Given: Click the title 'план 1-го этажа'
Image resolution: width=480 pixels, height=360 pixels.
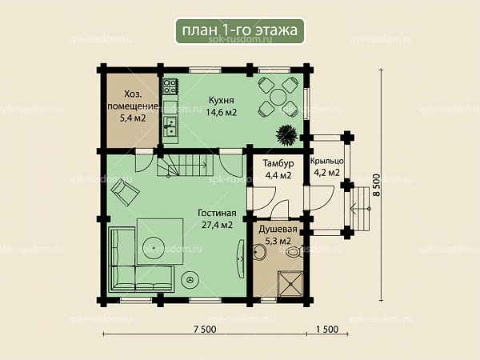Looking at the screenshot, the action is coord(240,30).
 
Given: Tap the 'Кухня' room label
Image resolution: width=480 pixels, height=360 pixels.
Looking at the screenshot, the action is coord(222,101).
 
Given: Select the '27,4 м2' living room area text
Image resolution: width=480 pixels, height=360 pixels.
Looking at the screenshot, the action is coord(217,225).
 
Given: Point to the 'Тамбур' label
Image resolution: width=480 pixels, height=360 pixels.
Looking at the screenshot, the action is coord(278,163).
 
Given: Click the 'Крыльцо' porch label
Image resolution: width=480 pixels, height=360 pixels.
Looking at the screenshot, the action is coord(326,162).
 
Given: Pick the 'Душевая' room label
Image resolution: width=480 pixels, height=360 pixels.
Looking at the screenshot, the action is coord(278,230).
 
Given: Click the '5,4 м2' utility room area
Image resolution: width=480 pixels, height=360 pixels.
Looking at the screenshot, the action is coord(133,118).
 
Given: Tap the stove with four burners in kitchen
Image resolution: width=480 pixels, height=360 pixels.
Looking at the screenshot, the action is coord(170,86).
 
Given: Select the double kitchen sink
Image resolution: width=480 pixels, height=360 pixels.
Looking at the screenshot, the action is coord(170,126).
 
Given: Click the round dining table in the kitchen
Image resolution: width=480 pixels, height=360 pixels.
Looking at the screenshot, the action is coord(278,97).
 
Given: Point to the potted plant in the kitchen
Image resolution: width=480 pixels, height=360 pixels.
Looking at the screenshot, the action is coord(286,134).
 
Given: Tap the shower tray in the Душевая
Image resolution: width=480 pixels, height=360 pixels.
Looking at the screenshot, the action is coord(290,284).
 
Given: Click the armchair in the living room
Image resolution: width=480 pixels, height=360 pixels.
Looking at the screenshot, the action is coord(126,192).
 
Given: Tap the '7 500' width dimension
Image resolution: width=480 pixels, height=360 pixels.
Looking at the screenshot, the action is coord(205,329).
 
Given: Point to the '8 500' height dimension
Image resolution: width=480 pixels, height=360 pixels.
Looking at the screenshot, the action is coord(376,185).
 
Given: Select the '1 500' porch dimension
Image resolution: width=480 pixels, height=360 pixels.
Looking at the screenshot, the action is coord(327,329).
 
